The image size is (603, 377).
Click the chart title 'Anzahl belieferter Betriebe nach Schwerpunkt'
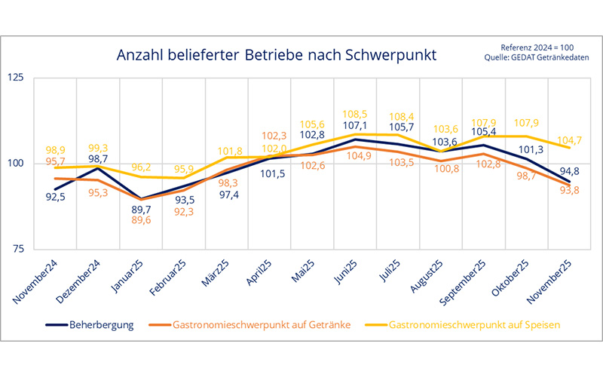pyautogui.click(x=276, y=56)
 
